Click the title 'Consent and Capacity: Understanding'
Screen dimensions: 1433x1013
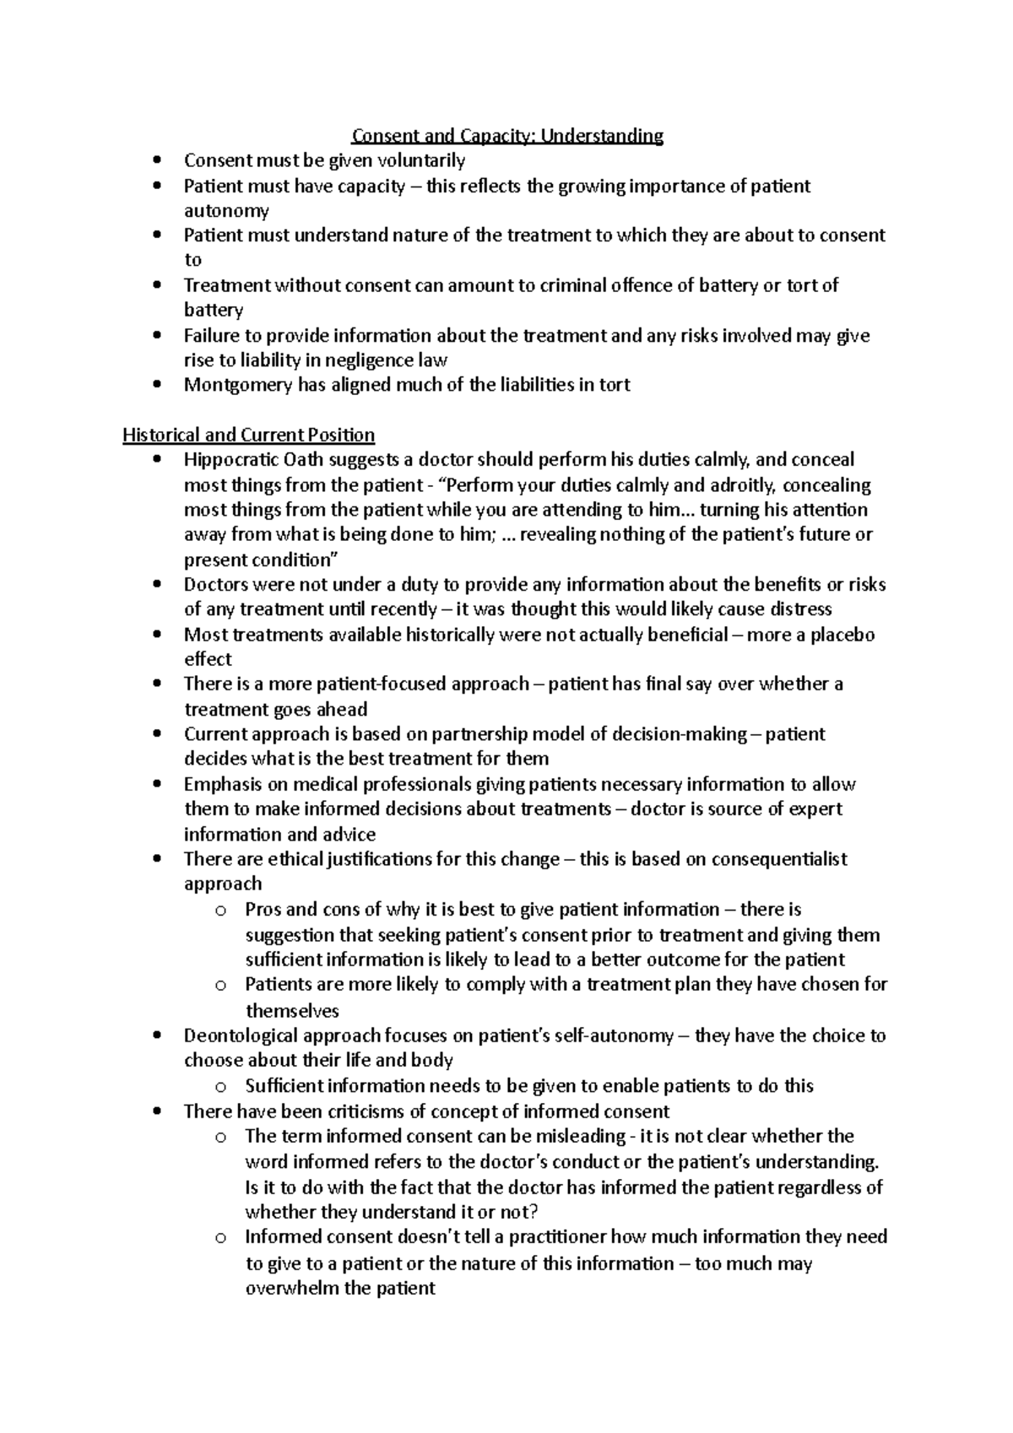pos(507,136)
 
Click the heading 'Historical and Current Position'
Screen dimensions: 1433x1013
pos(248,435)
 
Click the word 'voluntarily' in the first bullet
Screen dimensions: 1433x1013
pos(422,160)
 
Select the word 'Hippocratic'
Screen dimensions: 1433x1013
pos(230,460)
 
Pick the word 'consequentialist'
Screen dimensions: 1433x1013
pos(779,859)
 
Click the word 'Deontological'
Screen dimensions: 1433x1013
pos(241,1036)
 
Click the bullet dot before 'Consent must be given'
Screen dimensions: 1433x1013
pos(157,161)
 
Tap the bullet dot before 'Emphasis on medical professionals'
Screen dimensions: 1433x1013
pos(157,785)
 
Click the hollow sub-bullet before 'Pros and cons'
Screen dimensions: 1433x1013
pos(220,911)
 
